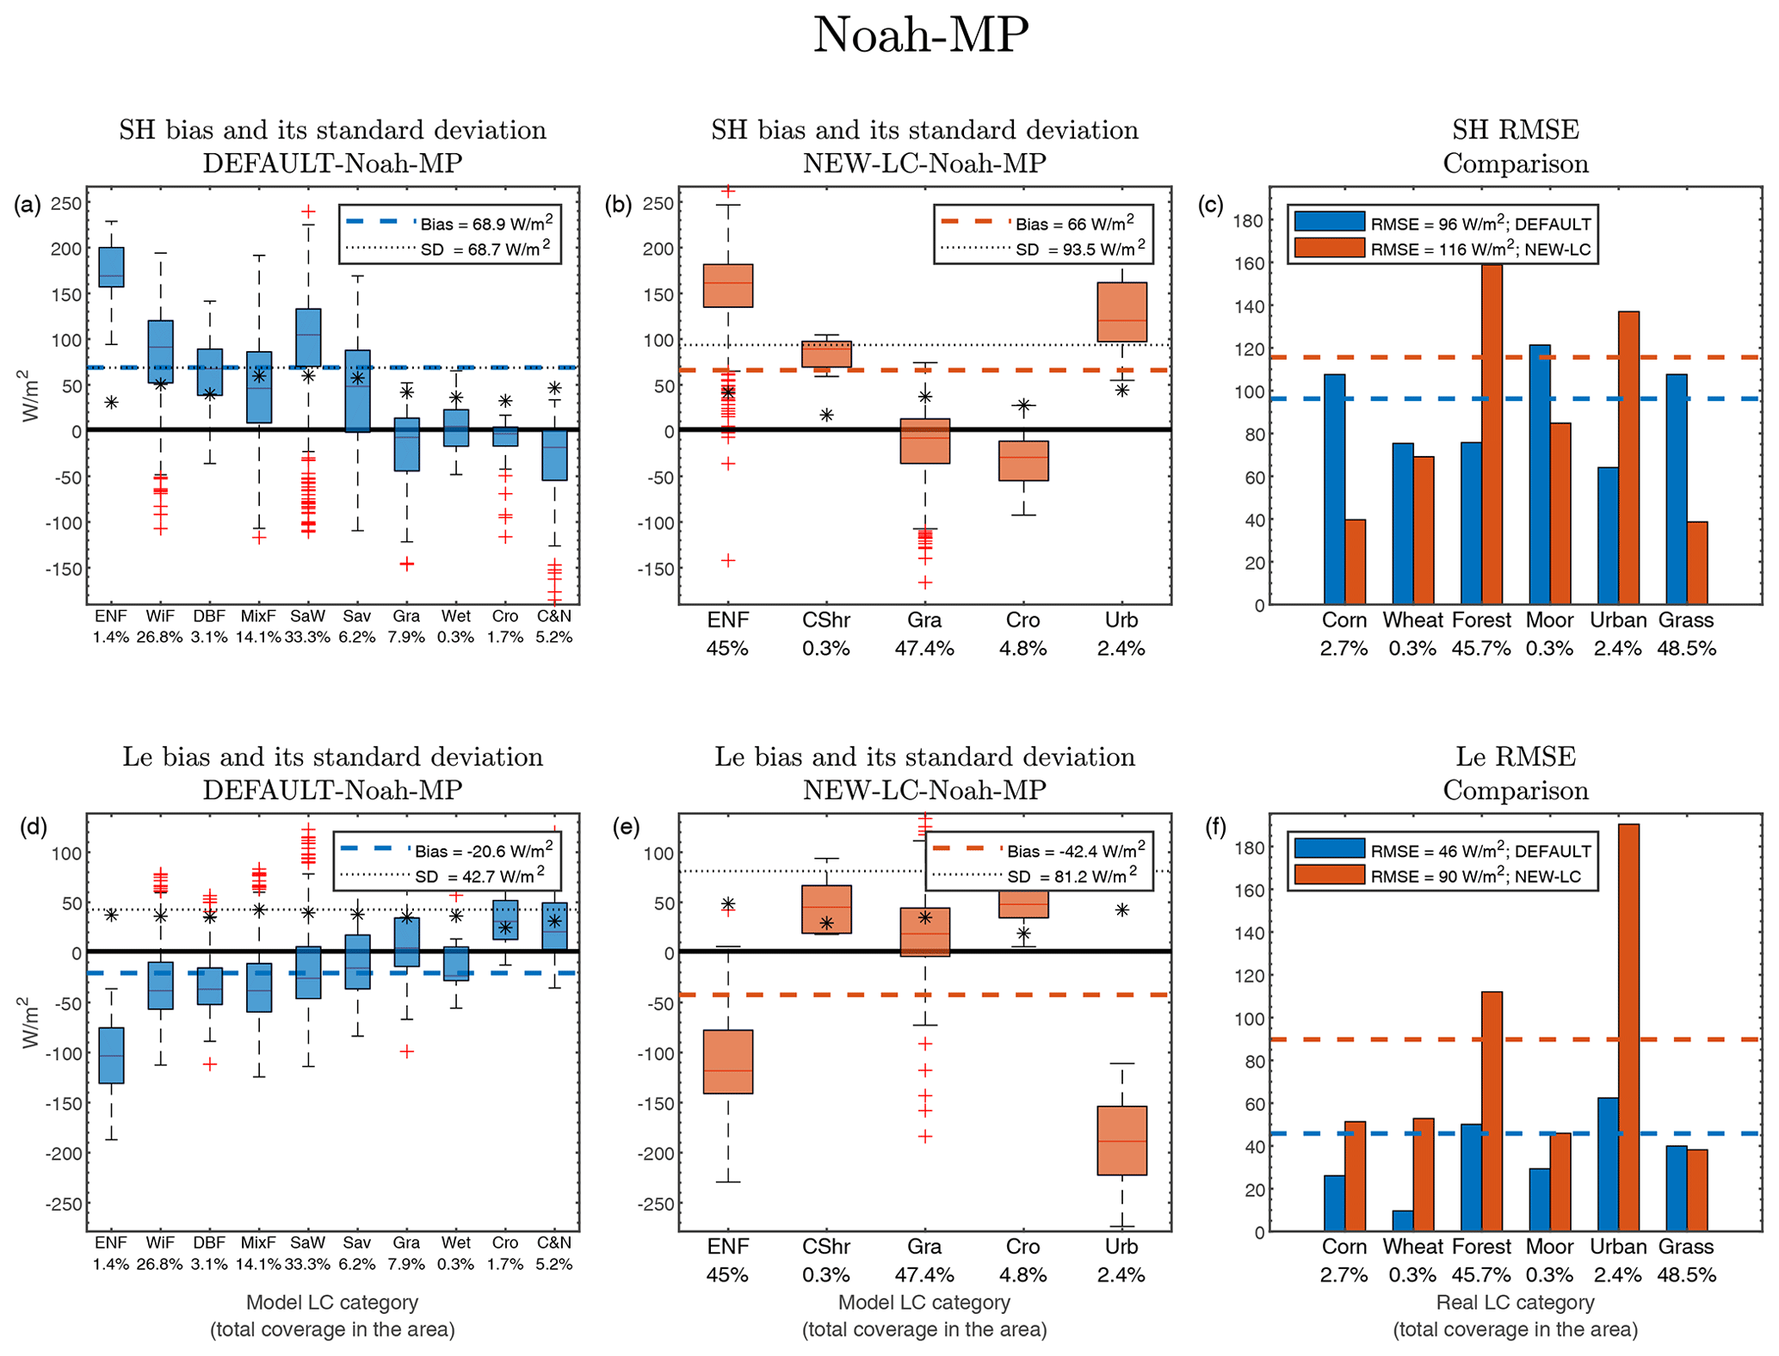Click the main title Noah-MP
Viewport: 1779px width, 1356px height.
coord(920,36)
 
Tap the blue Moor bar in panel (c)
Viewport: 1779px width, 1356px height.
coord(1540,474)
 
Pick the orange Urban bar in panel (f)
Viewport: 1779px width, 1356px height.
coord(1628,1027)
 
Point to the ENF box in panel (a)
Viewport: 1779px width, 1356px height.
coord(111,267)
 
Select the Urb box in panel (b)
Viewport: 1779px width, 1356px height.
coord(1121,311)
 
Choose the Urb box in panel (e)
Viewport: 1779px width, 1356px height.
coord(1121,1140)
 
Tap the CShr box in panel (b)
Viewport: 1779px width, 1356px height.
coord(826,354)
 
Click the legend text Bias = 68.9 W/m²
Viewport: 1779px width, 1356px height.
coord(486,224)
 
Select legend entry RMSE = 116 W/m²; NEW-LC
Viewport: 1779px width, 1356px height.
coord(1480,250)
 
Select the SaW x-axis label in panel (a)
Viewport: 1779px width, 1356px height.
coord(307,616)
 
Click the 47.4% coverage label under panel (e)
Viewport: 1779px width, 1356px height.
coord(924,1274)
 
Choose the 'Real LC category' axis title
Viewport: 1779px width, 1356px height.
coord(1515,1302)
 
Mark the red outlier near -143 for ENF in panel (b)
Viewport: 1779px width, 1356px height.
coord(728,561)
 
